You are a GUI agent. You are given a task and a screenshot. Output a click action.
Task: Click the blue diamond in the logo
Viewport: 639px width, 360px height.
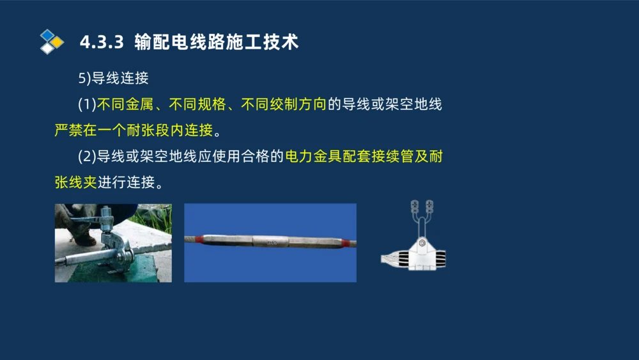pos(47,35)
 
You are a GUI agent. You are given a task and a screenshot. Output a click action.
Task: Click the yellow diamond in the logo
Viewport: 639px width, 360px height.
pos(57,42)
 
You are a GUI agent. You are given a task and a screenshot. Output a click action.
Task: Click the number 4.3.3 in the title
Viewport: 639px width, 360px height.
pos(101,42)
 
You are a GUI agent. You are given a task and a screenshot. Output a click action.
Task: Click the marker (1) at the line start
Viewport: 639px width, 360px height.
pos(87,104)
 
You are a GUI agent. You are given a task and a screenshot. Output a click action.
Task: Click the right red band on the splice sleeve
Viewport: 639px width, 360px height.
pos(346,243)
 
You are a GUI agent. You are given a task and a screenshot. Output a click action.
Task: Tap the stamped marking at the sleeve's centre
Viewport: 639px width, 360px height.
pos(272,242)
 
